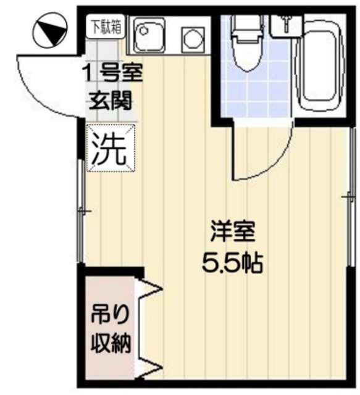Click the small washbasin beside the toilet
pyautogui.click(x=284, y=23)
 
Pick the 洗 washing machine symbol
pyautogui.click(x=110, y=148)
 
